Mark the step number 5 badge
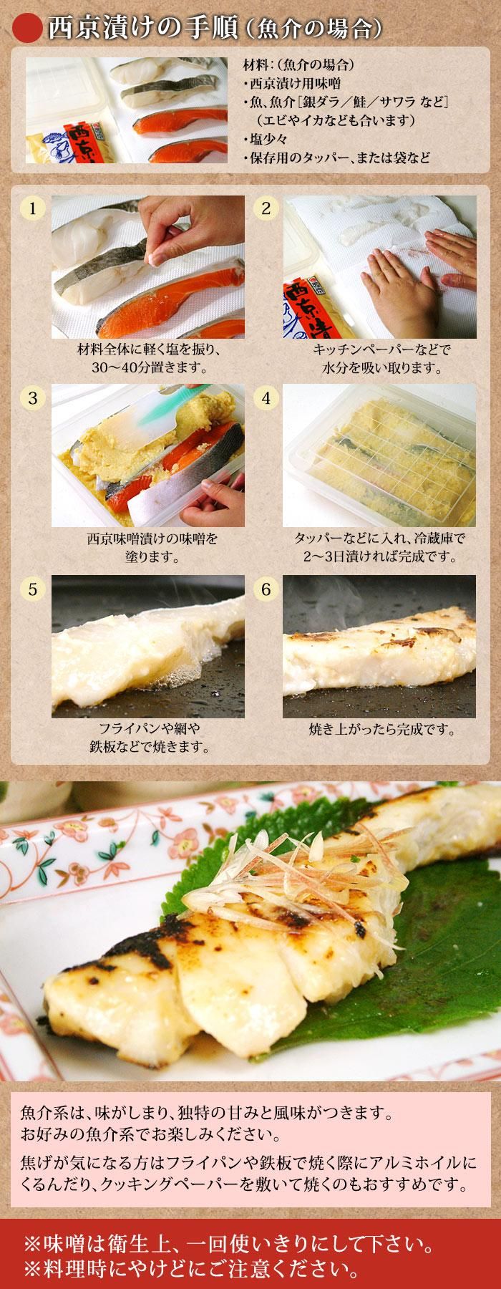[33, 589]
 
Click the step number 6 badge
[266, 589]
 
